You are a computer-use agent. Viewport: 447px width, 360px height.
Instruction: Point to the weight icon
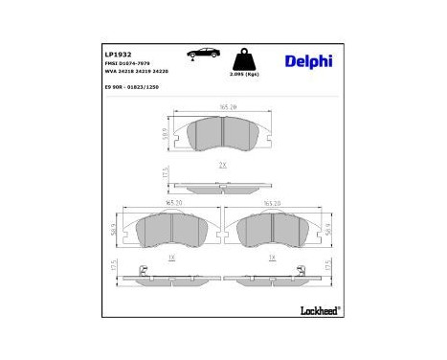244,56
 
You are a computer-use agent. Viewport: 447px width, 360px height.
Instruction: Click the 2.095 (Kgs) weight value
244,74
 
